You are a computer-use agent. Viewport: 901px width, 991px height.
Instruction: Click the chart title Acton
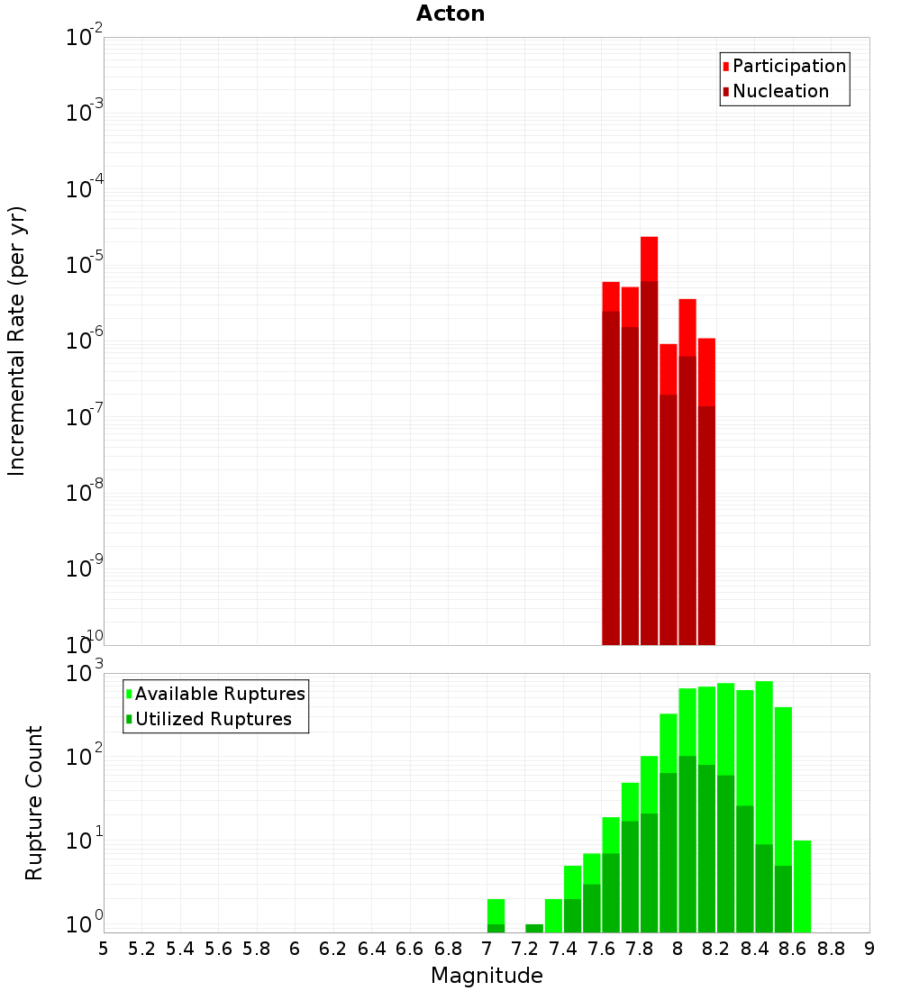450,14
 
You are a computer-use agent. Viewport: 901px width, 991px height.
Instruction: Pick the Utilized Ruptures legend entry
213,719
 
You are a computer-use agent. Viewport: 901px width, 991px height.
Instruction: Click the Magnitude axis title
487,976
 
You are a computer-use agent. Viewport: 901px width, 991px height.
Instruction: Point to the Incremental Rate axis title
17,341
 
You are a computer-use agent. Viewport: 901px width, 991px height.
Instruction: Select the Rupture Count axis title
34,803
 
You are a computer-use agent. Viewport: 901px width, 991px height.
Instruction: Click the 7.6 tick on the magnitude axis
601,949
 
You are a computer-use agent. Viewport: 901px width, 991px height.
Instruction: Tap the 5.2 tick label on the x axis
141,949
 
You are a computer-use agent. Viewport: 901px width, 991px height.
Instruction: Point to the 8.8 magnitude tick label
831,949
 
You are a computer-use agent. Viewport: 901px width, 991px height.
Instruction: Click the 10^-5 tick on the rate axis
84,265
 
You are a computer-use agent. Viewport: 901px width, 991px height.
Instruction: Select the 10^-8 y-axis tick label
84,493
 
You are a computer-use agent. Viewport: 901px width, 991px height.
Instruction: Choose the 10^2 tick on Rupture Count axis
84,757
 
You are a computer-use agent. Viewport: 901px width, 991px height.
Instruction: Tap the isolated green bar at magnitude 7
496,912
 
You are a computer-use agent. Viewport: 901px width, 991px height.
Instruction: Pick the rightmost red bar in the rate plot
706,369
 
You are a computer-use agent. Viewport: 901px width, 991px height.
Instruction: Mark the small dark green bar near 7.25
534,928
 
